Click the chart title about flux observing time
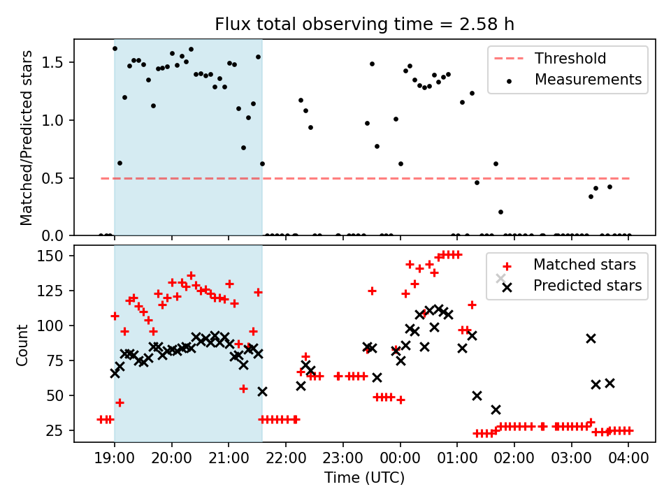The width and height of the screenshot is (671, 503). point(364,24)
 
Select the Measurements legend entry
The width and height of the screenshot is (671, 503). point(588,79)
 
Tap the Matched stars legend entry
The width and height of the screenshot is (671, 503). point(584,265)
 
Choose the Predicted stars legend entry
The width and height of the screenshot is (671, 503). point(587,285)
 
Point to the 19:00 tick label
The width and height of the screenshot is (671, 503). point(114,459)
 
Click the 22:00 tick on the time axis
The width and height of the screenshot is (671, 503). point(285,459)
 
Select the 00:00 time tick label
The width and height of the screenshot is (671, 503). point(400,459)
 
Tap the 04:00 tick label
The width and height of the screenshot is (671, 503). point(628,459)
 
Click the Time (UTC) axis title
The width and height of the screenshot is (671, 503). point(364,479)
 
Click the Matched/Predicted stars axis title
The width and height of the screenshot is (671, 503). point(27,138)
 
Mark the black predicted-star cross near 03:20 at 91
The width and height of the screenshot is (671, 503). point(591,338)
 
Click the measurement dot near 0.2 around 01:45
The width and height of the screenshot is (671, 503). point(500,212)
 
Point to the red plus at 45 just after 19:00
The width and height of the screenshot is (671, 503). point(120,402)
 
